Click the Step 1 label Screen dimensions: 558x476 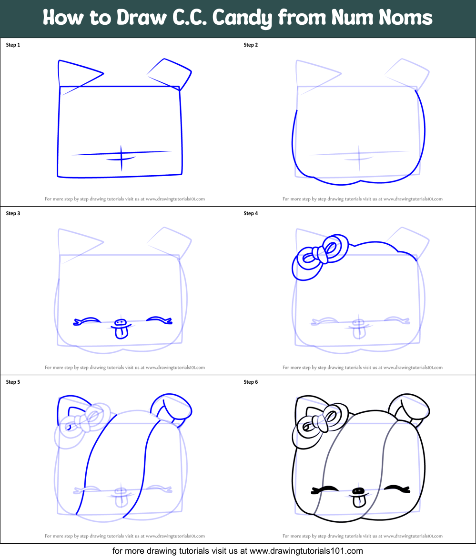coord(13,45)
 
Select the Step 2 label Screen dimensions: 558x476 coord(251,45)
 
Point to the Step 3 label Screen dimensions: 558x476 coord(13,213)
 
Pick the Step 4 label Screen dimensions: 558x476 coord(251,213)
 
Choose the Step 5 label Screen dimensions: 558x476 coord(13,382)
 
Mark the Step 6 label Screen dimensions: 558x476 coord(251,382)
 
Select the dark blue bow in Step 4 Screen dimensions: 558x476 coord(317,255)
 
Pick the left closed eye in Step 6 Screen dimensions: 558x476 coord(325,490)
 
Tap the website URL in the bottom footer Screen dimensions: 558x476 coord(306,551)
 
